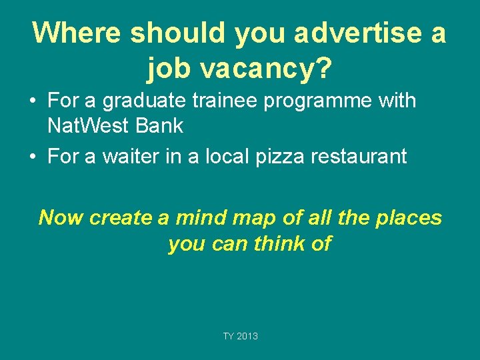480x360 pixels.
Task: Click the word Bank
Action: tap(160, 125)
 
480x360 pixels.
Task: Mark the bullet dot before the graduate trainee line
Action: tap(32, 102)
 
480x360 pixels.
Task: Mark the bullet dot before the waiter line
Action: tap(32, 157)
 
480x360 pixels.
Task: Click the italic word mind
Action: tap(203, 217)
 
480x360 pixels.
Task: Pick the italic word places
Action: tap(410, 217)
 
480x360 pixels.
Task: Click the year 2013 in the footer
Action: tap(247, 336)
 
